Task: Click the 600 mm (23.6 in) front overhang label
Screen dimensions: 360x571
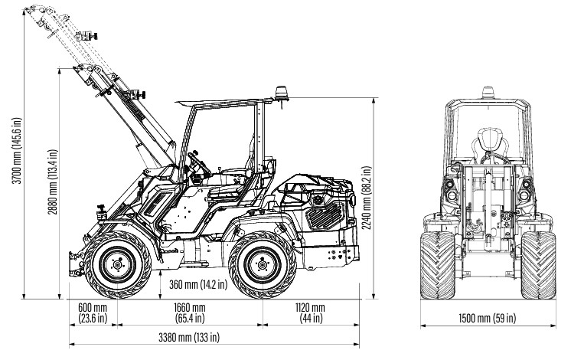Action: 93,313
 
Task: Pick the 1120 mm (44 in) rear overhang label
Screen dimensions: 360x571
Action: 309,313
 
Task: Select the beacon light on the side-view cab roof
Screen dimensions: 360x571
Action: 280,93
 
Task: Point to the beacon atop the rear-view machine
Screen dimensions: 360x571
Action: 488,92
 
